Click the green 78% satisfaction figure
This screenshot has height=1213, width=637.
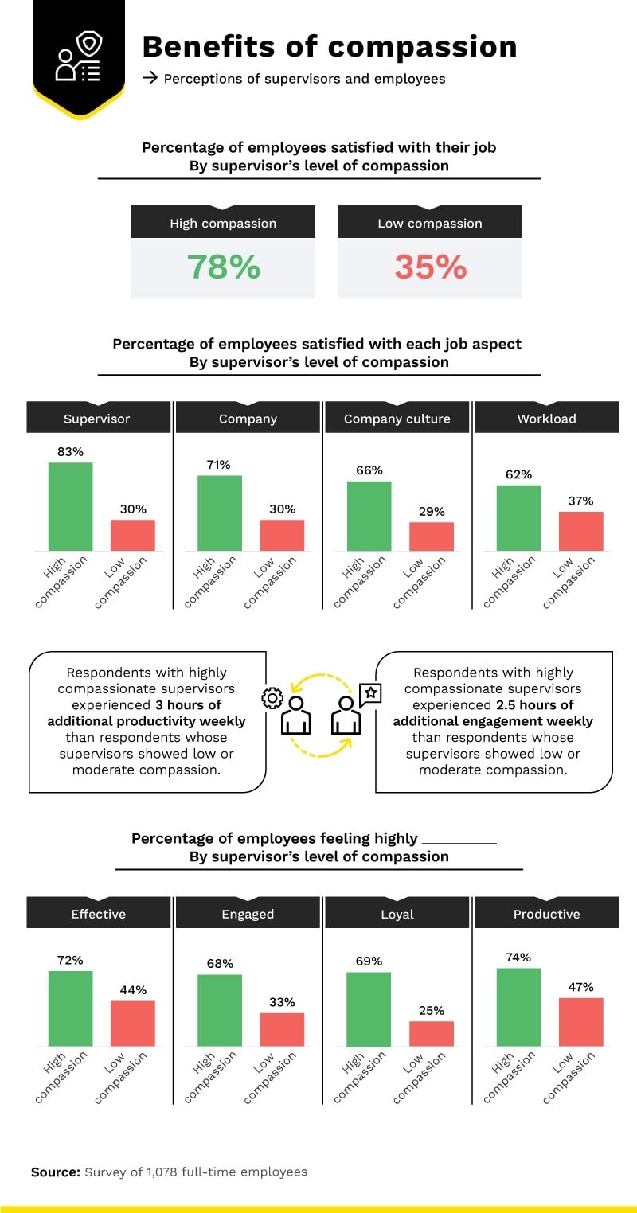point(223,267)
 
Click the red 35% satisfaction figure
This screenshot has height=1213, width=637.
point(430,267)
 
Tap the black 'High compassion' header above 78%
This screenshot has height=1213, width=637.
point(223,223)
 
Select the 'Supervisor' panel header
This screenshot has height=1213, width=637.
point(97,418)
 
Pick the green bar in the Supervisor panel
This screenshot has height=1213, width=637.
point(70,506)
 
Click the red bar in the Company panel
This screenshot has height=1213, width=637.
point(282,535)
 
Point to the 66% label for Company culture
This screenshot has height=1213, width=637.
point(369,470)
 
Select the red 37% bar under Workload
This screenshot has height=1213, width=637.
point(580,531)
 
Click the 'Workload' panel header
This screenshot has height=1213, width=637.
point(546,418)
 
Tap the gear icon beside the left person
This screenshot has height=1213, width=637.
point(272,698)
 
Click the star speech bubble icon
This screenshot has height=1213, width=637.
point(370,693)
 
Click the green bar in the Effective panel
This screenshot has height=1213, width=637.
point(70,1008)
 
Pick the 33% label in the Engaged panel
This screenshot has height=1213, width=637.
point(282,1002)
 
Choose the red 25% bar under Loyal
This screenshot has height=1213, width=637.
point(432,1033)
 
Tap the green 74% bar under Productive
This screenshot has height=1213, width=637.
point(518,1007)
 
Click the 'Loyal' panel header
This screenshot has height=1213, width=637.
point(397,914)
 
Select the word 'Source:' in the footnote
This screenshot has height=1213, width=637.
point(56,1172)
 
